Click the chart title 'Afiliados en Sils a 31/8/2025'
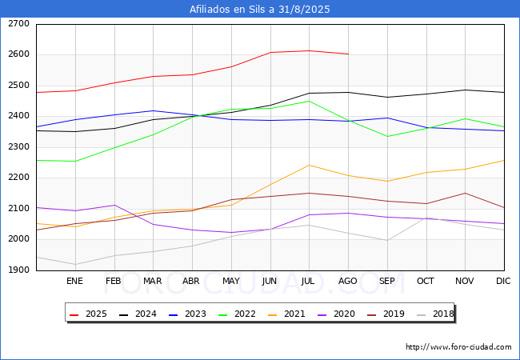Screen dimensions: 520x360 260,9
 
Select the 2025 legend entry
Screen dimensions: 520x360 88,314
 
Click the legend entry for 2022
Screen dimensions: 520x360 237,314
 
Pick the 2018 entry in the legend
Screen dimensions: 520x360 435,314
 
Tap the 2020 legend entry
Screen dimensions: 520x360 336,314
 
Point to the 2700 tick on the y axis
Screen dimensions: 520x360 19,24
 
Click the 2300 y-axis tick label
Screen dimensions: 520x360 19,147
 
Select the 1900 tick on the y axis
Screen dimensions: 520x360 19,270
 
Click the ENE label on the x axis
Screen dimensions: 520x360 74,281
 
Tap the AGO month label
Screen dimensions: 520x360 347,281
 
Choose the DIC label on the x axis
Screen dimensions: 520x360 503,281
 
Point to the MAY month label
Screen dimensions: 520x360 231,281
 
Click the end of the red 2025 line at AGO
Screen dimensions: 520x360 348,54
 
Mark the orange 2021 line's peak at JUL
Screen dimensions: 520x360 309,165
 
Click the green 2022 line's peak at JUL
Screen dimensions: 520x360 309,101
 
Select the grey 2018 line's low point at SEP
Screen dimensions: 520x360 387,240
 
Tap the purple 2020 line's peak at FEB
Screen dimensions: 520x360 114,205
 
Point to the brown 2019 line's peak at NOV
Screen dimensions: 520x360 466,193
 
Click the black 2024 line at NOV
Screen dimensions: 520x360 466,90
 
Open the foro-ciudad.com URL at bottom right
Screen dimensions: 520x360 458,347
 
